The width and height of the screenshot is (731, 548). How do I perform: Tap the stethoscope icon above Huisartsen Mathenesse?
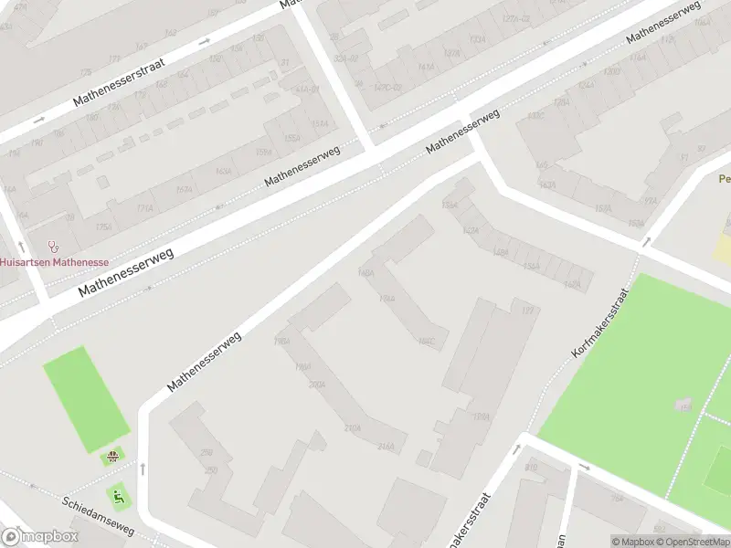click(x=53, y=246)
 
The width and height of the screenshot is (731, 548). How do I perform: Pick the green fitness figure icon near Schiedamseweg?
click(x=117, y=496)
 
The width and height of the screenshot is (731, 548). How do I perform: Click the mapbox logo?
click(x=38, y=537)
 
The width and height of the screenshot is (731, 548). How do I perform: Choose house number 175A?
click(x=104, y=227)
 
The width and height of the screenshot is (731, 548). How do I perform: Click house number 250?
click(x=211, y=469)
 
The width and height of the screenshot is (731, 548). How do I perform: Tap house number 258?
click(x=207, y=452)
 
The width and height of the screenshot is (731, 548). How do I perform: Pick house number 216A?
click(x=386, y=447)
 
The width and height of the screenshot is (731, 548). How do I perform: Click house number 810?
click(x=531, y=468)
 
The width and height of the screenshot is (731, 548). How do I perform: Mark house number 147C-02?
click(x=387, y=88)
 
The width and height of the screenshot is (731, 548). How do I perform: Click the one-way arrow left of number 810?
click(x=516, y=449)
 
